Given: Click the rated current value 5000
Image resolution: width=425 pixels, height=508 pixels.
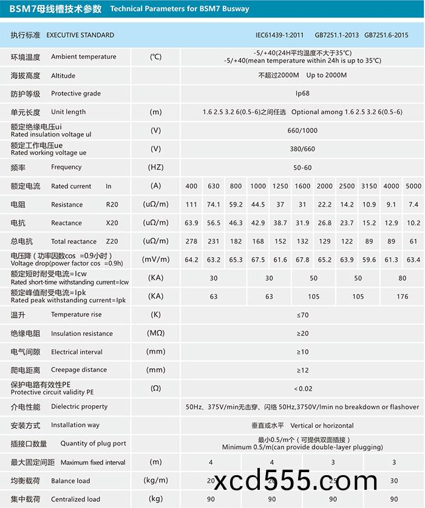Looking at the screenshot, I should tap(413, 186).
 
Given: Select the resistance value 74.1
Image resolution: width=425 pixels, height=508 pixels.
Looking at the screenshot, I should tap(214, 204).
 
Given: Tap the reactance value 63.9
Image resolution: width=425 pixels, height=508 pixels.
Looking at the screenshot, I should tap(191, 223).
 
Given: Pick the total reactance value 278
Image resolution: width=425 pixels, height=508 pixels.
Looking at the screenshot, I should tap(191, 241).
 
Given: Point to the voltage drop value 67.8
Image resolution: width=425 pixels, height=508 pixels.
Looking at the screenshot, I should tap(302, 260).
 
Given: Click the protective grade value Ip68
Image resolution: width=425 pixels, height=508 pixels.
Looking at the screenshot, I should tap(302, 94).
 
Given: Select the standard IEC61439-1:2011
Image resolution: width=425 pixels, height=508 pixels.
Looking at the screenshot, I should tap(280, 35).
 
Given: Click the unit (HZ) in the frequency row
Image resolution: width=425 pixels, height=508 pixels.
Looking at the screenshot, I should tap(156, 167).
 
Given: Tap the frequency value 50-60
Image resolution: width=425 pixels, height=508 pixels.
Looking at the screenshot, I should tap(302, 167).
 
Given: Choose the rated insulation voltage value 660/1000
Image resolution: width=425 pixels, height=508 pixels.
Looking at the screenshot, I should tap(302, 131).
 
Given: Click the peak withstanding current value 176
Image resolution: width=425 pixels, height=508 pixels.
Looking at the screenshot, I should tap(402, 297).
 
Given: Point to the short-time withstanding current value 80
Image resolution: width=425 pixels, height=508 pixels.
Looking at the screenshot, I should tap(402, 278).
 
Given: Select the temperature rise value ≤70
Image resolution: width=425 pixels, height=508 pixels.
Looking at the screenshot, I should tap(302, 315).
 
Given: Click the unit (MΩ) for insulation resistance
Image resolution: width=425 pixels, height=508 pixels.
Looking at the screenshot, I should tap(156, 334).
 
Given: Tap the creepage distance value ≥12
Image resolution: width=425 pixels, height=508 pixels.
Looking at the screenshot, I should tap(302, 370).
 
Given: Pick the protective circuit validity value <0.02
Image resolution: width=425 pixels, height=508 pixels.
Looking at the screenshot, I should tap(302, 388).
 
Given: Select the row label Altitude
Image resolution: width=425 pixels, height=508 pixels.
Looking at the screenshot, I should tap(63, 75).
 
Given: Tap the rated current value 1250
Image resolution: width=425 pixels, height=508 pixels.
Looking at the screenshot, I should tap(280, 186).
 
